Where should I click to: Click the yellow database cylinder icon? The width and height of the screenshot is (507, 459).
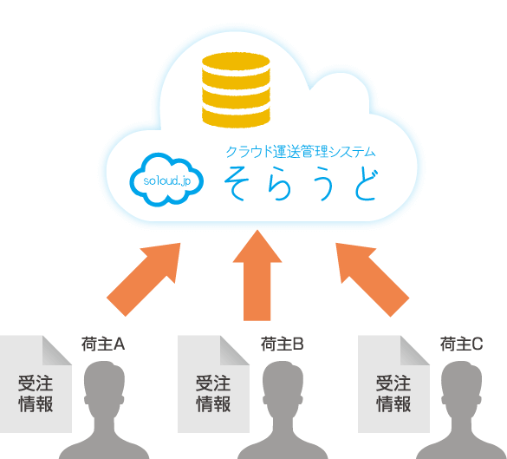(236, 90)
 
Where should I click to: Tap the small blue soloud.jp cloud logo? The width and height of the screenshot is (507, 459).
(166, 180)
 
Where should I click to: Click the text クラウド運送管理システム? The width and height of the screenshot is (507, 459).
(301, 152)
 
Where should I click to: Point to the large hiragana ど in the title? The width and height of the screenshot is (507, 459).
(366, 184)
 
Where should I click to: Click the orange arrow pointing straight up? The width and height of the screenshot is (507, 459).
(257, 275)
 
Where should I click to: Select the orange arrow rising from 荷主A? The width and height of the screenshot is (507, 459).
(144, 279)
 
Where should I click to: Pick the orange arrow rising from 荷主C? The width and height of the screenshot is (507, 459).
(373, 279)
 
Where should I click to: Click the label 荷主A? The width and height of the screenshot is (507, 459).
(103, 344)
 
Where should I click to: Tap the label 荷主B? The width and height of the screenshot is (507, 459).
(283, 344)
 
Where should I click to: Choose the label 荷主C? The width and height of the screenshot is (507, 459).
(461, 344)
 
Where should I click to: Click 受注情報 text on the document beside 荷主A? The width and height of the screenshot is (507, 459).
(36, 394)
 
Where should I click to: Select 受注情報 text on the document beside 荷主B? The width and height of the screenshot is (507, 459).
(213, 394)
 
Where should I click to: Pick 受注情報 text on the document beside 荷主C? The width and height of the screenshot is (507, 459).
(393, 394)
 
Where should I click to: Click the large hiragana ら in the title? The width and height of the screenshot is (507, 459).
(279, 183)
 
